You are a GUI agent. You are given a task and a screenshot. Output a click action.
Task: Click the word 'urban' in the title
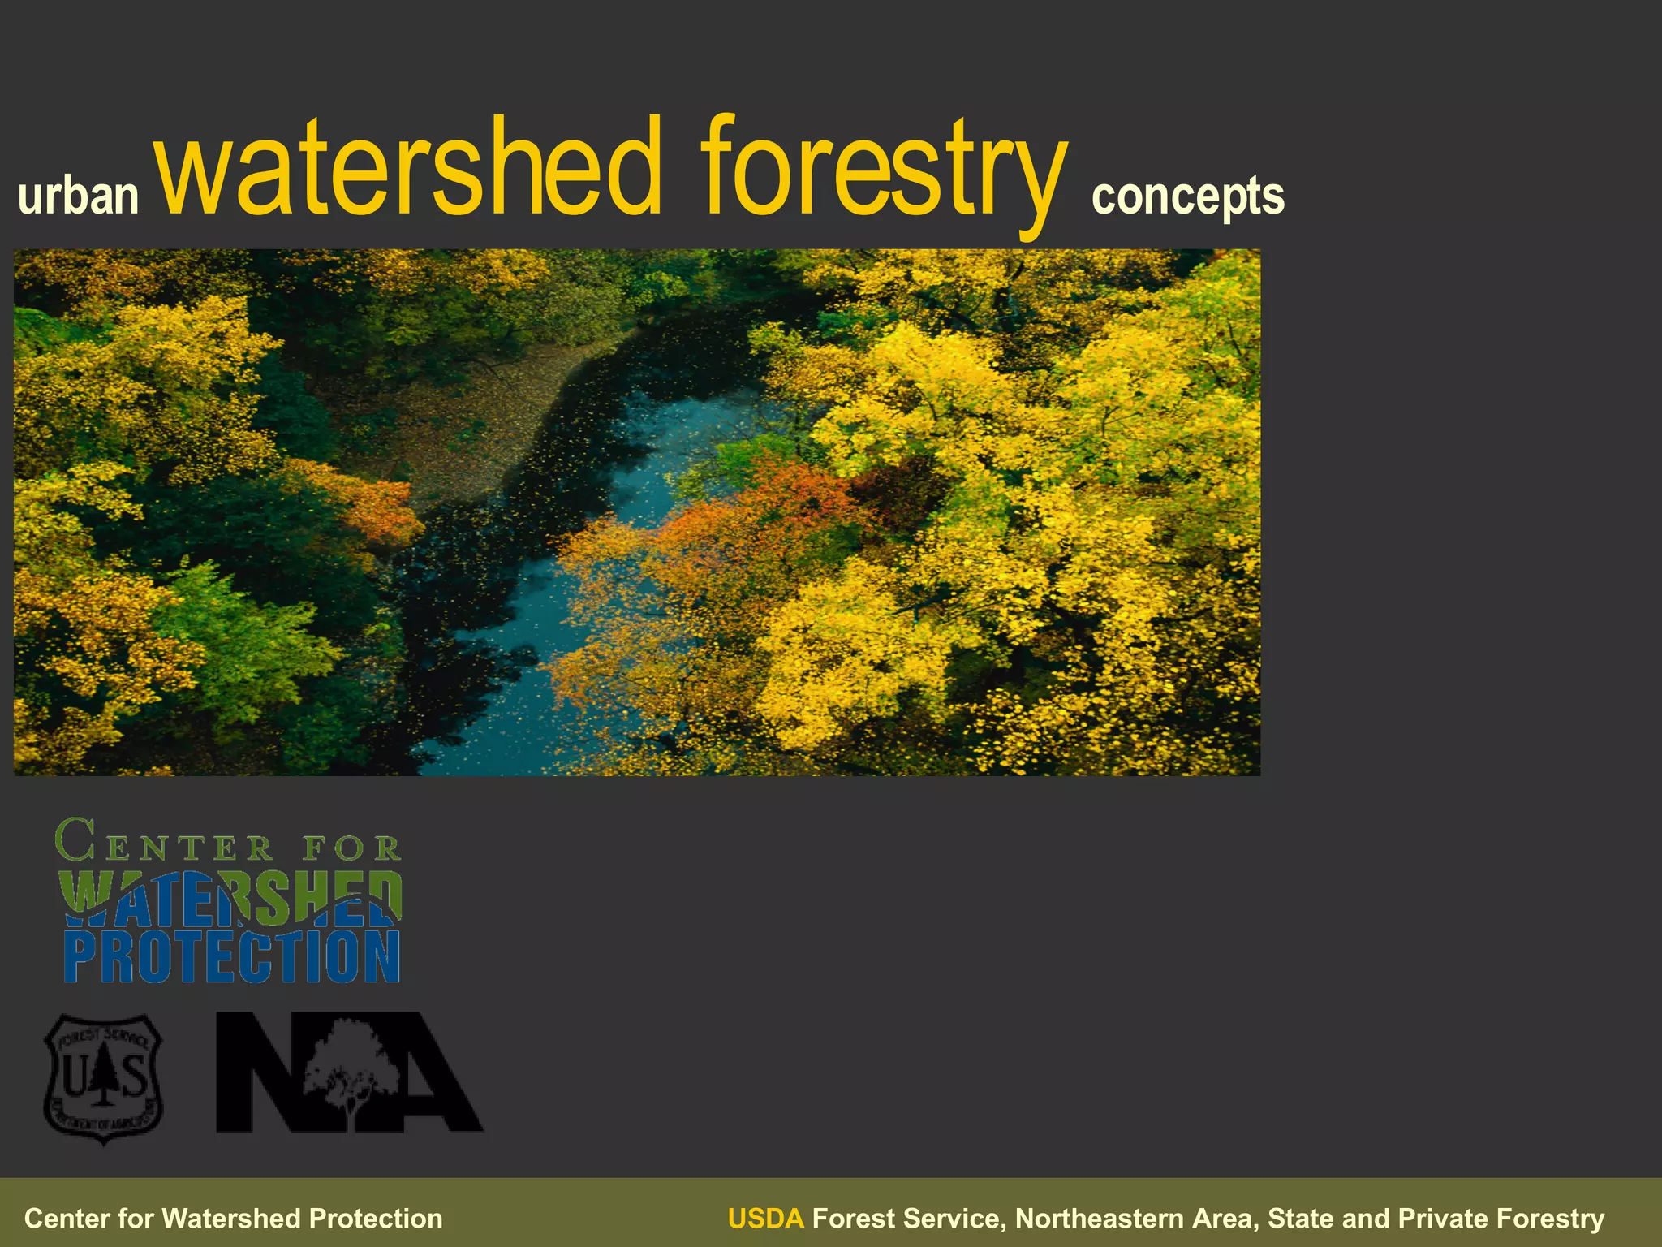pyautogui.click(x=79, y=196)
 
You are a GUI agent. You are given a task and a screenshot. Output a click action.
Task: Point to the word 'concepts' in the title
pyautogui.click(x=1187, y=197)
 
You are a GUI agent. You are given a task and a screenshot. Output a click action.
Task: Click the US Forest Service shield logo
pyautogui.click(x=103, y=1078)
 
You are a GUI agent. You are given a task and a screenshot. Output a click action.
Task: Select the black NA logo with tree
pyautogui.click(x=349, y=1072)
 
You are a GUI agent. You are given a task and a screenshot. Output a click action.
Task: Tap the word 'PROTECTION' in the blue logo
pyautogui.click(x=232, y=957)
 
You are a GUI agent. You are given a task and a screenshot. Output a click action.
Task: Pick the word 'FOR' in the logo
pyautogui.click(x=352, y=848)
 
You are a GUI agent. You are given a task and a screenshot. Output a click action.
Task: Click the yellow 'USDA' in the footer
pyautogui.click(x=765, y=1219)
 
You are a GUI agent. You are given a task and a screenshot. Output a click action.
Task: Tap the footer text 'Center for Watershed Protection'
pyautogui.click(x=234, y=1219)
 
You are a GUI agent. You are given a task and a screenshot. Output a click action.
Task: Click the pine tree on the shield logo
pyautogui.click(x=103, y=1077)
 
